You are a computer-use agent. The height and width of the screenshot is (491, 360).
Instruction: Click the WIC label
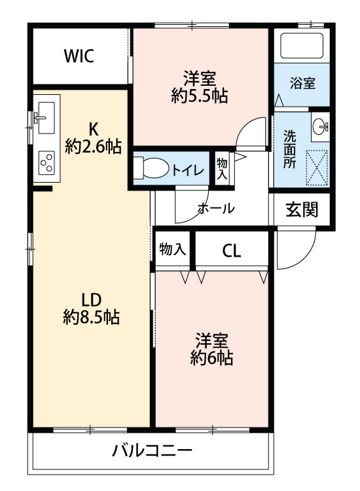(x=79, y=56)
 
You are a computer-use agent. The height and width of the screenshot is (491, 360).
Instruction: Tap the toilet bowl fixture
(x=151, y=168)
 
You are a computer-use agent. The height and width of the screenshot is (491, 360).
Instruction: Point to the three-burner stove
(x=46, y=162)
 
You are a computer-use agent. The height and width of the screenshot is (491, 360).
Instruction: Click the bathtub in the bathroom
(x=302, y=46)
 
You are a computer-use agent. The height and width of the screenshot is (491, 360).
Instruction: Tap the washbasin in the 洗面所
(x=320, y=126)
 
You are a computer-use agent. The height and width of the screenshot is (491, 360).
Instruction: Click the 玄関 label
(x=302, y=209)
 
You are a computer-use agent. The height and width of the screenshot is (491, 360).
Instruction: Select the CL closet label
(x=232, y=251)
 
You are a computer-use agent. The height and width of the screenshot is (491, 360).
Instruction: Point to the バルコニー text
(x=152, y=451)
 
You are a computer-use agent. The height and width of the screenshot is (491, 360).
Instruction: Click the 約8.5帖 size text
(x=92, y=317)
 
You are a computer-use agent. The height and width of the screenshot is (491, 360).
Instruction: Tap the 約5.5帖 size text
(x=200, y=96)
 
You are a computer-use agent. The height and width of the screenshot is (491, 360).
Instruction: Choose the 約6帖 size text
(x=211, y=357)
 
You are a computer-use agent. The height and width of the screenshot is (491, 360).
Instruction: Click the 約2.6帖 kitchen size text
(x=94, y=146)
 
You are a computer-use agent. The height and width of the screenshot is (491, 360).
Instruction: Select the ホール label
(x=217, y=208)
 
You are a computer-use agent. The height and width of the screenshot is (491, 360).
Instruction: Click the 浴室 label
(x=302, y=83)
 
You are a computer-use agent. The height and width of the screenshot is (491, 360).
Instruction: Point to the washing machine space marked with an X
(x=317, y=168)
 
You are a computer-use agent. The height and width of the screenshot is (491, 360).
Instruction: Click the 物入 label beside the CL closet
(x=173, y=249)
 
